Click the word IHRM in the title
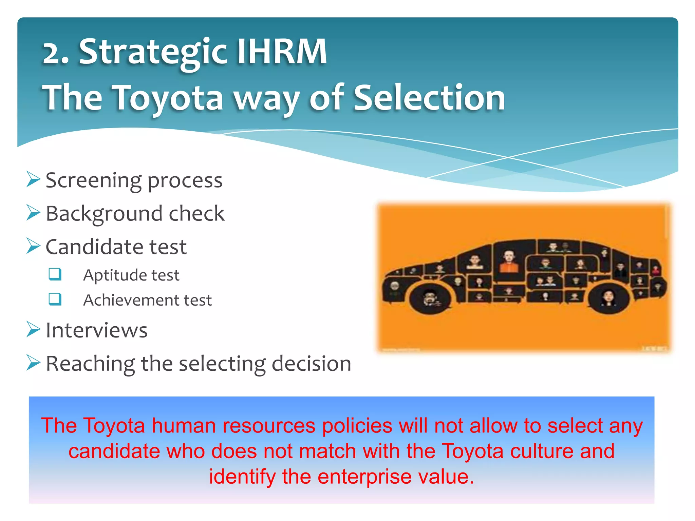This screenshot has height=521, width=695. pos(281,52)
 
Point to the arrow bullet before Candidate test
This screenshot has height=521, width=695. pos(33,246)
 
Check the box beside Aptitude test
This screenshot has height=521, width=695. pos(55,274)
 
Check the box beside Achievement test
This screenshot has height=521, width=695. pos(55,299)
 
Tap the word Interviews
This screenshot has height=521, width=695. pos(97,330)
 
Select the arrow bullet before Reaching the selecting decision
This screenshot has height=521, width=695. pos(33,363)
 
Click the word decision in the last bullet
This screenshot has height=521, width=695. pos(311,364)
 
